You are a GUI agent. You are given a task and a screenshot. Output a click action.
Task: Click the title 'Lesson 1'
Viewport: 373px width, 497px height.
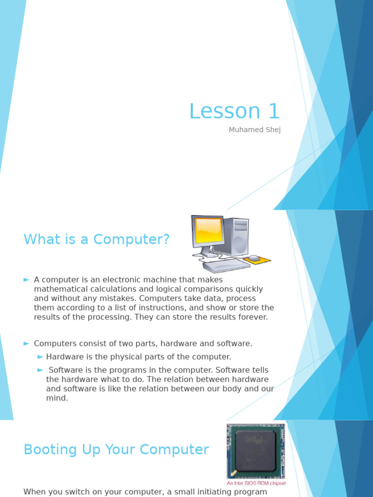point(235,111)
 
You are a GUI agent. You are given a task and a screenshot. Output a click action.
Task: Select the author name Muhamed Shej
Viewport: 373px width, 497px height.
point(254,130)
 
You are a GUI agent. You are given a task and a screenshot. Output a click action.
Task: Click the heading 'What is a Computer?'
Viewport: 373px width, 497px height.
point(97,239)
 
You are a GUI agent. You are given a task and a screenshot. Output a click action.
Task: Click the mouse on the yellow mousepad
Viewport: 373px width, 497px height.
point(254,258)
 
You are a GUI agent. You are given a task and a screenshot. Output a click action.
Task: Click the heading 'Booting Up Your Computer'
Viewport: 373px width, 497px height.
point(116,449)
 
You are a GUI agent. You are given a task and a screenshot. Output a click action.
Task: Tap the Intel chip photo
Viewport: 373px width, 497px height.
point(255,451)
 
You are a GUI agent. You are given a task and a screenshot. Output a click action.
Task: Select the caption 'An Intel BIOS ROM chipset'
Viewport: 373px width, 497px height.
point(256,483)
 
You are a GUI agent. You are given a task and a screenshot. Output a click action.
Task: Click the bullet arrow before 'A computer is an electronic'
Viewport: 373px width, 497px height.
point(26,280)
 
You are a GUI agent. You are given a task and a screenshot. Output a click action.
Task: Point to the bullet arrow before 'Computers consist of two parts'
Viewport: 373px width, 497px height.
point(26,344)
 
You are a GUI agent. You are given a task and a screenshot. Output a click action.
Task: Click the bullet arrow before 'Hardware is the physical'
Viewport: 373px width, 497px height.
point(40,357)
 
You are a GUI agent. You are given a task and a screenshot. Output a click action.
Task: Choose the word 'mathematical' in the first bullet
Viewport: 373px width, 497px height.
point(58,289)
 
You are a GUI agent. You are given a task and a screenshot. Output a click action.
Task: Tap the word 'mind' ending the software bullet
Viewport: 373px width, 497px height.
point(56,398)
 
